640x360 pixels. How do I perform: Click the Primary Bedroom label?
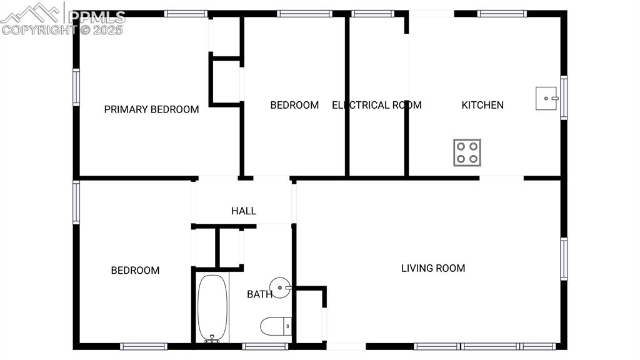151,109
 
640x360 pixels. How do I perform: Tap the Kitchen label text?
482,105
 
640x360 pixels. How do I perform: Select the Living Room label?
433,268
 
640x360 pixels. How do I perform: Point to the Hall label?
244,211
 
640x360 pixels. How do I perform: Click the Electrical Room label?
377,105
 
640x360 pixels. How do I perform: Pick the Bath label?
259,294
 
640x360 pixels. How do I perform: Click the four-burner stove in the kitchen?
467,152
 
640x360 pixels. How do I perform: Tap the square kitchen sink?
546,98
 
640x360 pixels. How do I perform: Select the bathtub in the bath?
212,308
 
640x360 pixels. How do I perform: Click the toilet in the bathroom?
276,326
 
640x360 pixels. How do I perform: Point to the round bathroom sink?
280,287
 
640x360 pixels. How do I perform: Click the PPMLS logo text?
96,17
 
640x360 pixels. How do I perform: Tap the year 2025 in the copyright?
107,30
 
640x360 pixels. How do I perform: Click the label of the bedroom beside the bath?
135,270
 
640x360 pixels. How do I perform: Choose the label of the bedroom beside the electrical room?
294,105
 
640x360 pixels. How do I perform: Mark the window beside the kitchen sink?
564,97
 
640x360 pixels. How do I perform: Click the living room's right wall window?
564,259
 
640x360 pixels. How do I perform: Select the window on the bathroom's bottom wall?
265,346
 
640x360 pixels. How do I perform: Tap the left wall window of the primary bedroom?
76,87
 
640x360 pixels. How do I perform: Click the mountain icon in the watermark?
31,13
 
